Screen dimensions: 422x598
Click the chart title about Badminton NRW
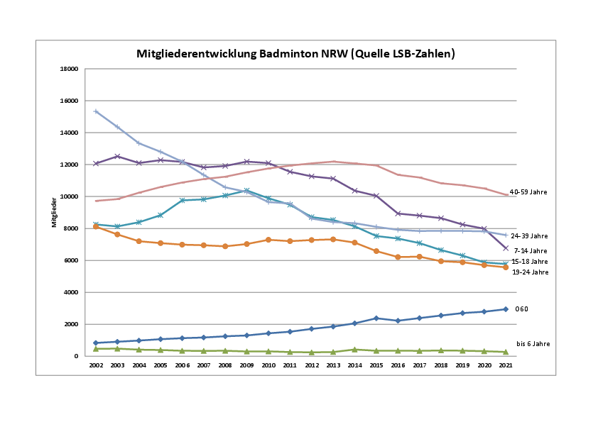pyautogui.click(x=295, y=54)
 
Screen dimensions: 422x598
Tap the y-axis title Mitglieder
pyautogui.click(x=54, y=212)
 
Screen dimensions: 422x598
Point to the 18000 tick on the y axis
pyautogui.click(x=69, y=69)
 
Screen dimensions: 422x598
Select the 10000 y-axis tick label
pyautogui.click(x=69, y=196)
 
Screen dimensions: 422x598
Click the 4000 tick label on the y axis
pyautogui.click(x=70, y=292)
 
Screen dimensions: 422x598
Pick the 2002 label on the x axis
pyautogui.click(x=96, y=365)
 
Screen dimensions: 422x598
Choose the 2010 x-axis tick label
pyautogui.click(x=269, y=365)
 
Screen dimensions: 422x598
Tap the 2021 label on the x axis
pyautogui.click(x=506, y=365)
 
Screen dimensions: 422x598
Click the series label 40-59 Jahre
pyautogui.click(x=529, y=192)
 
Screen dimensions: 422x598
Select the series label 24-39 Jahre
pyautogui.click(x=529, y=236)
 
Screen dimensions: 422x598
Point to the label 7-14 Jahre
pyautogui.click(x=531, y=250)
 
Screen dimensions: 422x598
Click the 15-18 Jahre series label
pyautogui.click(x=529, y=262)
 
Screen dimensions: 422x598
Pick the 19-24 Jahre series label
pyautogui.click(x=529, y=272)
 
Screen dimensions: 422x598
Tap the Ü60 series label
pyautogui.click(x=521, y=309)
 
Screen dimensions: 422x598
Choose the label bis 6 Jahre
pyautogui.click(x=533, y=344)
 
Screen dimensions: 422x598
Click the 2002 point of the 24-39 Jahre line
pyautogui.click(x=96, y=111)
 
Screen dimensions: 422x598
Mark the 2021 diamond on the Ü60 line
pyautogui.click(x=506, y=309)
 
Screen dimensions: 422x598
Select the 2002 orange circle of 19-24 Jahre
pyautogui.click(x=96, y=226)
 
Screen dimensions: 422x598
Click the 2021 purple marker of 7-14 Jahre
pyautogui.click(x=506, y=248)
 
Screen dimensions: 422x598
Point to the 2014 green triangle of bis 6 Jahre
pyautogui.click(x=355, y=349)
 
